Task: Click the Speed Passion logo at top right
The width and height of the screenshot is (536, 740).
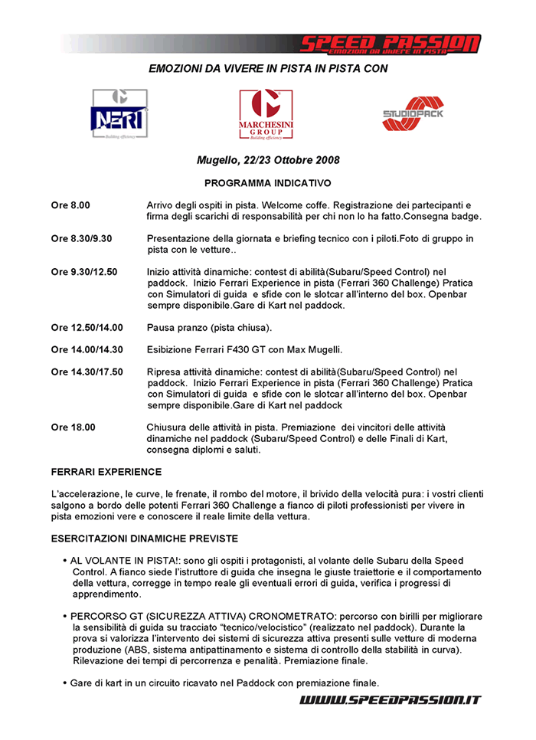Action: pos(389,44)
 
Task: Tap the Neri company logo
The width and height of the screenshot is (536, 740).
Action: pos(119,114)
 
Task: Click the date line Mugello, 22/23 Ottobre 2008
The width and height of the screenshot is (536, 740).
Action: pos(268,160)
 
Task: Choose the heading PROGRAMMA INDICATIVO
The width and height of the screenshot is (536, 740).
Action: pos(268,184)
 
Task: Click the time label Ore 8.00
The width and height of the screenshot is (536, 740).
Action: pos(70,206)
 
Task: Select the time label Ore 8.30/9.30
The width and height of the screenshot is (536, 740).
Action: pos(82,239)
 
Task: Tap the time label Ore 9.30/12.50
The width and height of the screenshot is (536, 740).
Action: pos(84,272)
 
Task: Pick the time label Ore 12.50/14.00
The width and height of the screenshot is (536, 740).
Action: pos(87,328)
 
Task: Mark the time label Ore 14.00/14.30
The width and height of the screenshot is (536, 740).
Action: pos(87,349)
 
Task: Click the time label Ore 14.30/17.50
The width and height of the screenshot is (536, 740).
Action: pos(87,372)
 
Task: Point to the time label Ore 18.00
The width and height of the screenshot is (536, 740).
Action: pos(74,427)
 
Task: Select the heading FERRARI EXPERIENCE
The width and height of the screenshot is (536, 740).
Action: pos(106,472)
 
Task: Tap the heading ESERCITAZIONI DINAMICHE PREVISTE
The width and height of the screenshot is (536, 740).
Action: pos(144,539)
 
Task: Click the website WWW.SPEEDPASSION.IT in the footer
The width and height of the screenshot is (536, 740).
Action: pos(390,700)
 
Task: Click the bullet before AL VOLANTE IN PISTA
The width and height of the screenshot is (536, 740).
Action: pos(64,562)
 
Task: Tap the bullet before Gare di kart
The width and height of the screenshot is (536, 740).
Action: pos(64,683)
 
